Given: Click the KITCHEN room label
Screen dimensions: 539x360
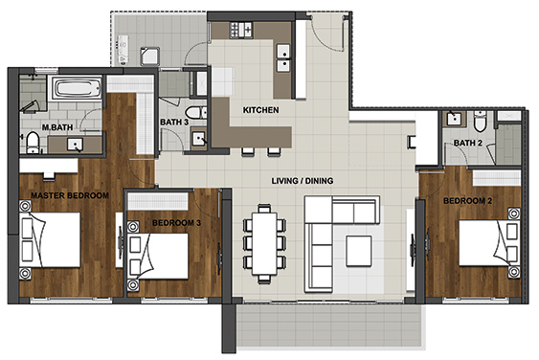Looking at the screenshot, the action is click(261, 110).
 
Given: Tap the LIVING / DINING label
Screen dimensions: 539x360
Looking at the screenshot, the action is click(303, 181).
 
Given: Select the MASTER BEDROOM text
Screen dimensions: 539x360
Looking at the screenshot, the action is click(70, 195).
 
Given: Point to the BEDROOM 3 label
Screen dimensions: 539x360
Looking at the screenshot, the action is click(176, 223).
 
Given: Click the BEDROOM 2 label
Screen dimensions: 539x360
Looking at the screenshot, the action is click(467, 201).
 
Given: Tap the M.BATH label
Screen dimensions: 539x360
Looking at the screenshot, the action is click(57, 127).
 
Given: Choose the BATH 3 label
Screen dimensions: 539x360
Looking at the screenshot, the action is click(174, 122).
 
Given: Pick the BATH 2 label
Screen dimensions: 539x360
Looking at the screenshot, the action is click(468, 143).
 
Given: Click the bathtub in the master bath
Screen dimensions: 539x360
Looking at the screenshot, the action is click(77, 88).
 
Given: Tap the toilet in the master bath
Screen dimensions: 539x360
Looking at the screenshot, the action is click(33, 143).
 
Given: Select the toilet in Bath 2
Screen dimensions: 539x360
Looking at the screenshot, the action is click(480, 121).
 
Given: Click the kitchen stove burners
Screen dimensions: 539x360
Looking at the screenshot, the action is click(241, 30).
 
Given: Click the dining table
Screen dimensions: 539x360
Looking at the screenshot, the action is click(264, 243).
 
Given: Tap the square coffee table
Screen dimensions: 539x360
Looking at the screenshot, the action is click(358, 251).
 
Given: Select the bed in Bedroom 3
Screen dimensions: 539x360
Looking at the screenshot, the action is click(159, 257).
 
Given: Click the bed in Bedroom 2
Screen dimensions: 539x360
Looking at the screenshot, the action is click(489, 243).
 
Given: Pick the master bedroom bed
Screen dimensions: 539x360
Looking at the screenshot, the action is click(50, 239).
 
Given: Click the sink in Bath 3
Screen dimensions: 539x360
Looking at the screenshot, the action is click(199, 139).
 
